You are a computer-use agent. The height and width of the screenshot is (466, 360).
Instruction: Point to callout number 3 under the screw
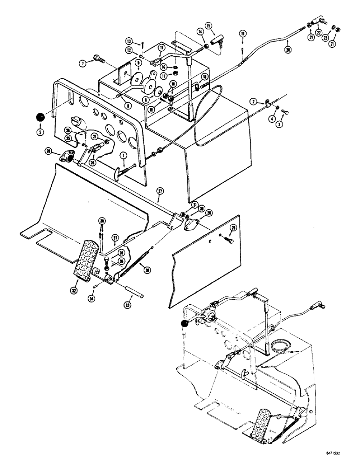click(279, 125)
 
